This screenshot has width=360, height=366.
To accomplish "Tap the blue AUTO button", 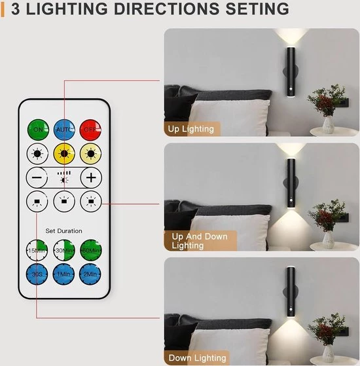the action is [x=64, y=130].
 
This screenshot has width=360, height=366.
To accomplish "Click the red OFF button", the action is [x=90, y=130].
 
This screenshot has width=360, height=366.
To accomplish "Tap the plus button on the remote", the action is [x=91, y=177].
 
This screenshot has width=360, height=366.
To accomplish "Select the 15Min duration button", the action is [x=37, y=250].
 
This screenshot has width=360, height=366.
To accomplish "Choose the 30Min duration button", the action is [x=64, y=250].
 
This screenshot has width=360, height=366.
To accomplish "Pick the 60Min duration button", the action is [x=91, y=250].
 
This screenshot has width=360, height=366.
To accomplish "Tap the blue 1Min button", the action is [x=63, y=274].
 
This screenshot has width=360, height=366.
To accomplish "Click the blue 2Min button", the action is [x=90, y=274].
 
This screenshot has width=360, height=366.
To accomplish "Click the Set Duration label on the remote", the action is [x=63, y=231].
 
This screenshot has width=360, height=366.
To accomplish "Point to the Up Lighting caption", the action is [x=191, y=129].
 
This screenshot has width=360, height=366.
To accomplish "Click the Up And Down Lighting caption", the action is [x=200, y=241].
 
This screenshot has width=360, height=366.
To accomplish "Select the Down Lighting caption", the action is [x=198, y=358].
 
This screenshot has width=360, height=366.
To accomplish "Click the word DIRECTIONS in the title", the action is [x=167, y=9].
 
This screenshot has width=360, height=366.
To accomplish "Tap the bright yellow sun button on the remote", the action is [x=64, y=154].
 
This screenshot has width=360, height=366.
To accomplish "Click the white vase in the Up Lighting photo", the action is [x=329, y=125].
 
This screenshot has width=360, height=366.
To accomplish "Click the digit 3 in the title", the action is [x=16, y=9].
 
